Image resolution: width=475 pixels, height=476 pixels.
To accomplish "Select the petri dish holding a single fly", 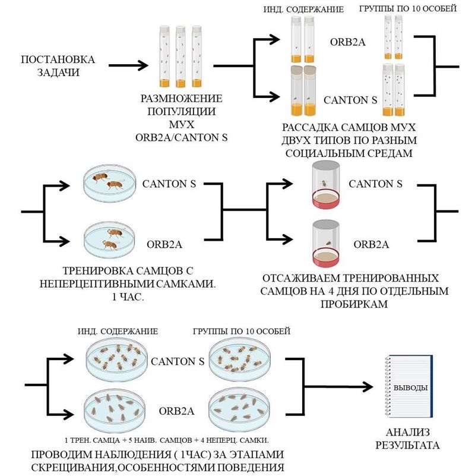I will coord(107,241).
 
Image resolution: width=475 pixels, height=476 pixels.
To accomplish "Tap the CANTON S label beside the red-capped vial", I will coord(375,184).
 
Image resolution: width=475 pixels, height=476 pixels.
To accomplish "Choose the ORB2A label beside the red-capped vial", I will coord(371,244).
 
